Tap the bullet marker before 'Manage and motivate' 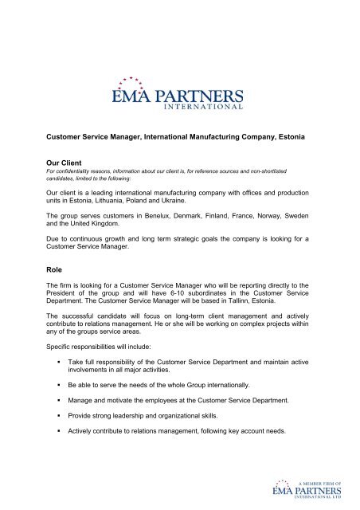[60, 427]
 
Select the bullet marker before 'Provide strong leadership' [60, 446]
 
